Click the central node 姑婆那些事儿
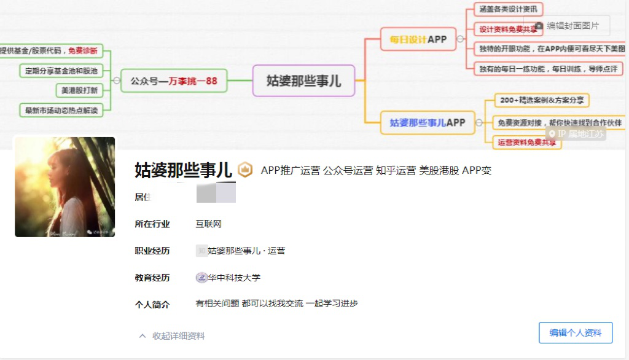pyautogui.click(x=303, y=80)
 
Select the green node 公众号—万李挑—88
pyautogui.click(x=174, y=80)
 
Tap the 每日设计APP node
pyautogui.click(x=418, y=39)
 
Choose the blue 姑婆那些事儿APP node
pyautogui.click(x=427, y=122)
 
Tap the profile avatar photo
pyautogui.click(x=64, y=187)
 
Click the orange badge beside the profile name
pyautogui.click(x=245, y=170)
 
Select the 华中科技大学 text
pyautogui.click(x=234, y=278)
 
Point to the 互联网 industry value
pyautogui.click(x=208, y=224)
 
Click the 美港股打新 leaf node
pyautogui.click(x=79, y=90)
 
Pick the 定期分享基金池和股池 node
pyautogui.click(x=61, y=71)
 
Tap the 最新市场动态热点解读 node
pyautogui.click(x=61, y=111)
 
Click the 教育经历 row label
pyautogui.click(x=152, y=278)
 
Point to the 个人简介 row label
pyautogui.click(x=152, y=304)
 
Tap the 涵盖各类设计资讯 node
pyautogui.click(x=508, y=9)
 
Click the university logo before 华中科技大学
pyautogui.click(x=201, y=278)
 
